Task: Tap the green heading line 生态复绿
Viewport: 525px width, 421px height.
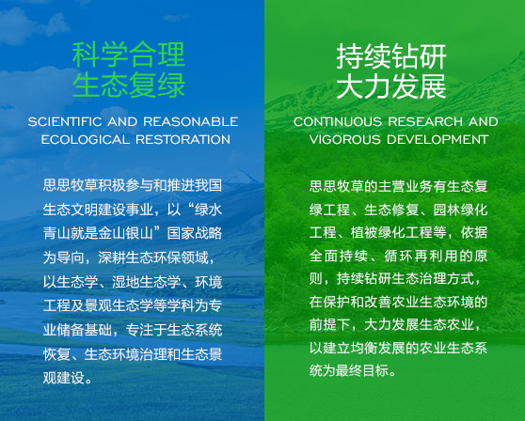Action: click(129, 86)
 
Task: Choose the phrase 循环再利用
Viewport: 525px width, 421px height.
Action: click(413, 256)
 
